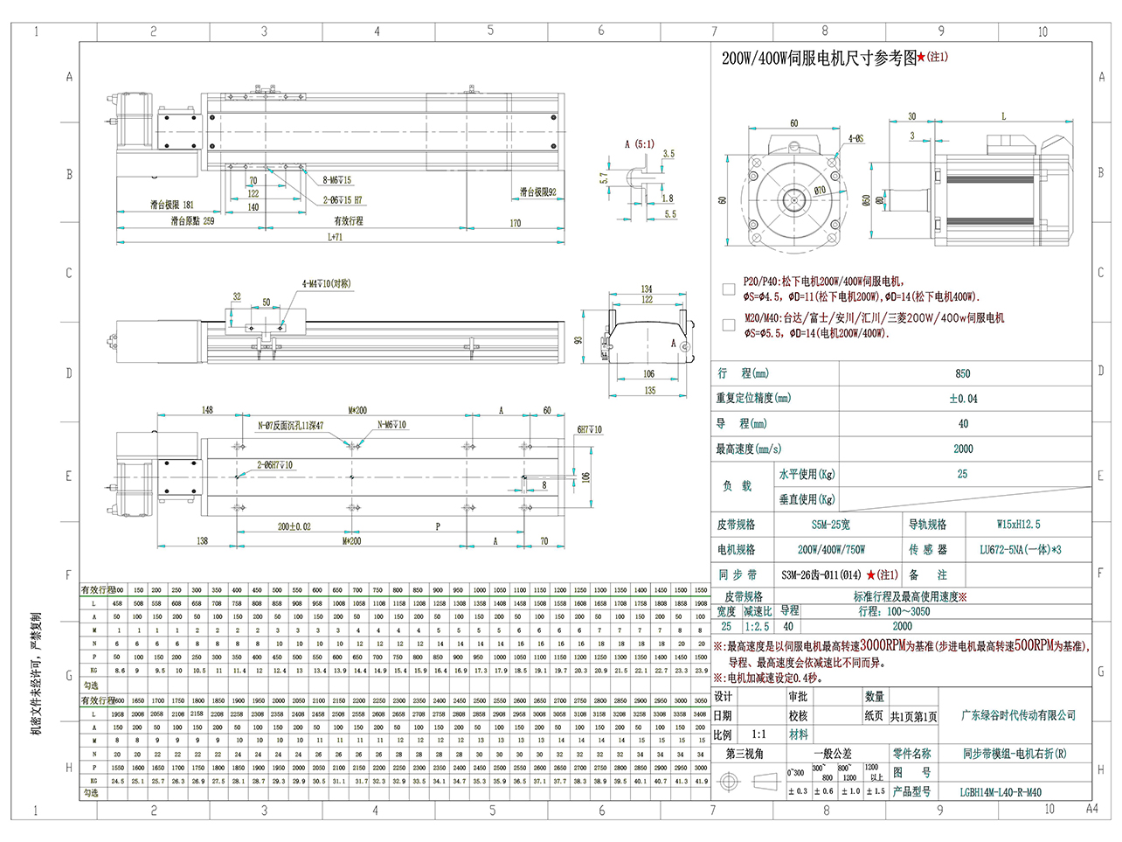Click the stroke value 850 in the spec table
(962, 373)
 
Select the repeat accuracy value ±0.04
(963, 399)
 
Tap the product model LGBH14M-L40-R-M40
(1001, 792)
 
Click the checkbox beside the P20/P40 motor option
(729, 289)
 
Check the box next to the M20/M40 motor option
(729, 325)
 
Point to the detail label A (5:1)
(639, 144)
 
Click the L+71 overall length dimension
(336, 237)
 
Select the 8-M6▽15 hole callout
(336, 180)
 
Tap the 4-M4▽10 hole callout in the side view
(326, 284)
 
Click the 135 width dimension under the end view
(649, 390)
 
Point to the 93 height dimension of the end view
(578, 339)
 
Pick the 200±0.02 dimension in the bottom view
(294, 526)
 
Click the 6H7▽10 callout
(589, 429)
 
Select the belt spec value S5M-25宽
(830, 525)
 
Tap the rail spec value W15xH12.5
(1018, 525)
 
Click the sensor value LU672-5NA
(1020, 550)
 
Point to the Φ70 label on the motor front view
(820, 191)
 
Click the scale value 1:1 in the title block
(758, 734)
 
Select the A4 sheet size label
(1091, 809)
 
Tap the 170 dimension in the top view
(515, 223)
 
